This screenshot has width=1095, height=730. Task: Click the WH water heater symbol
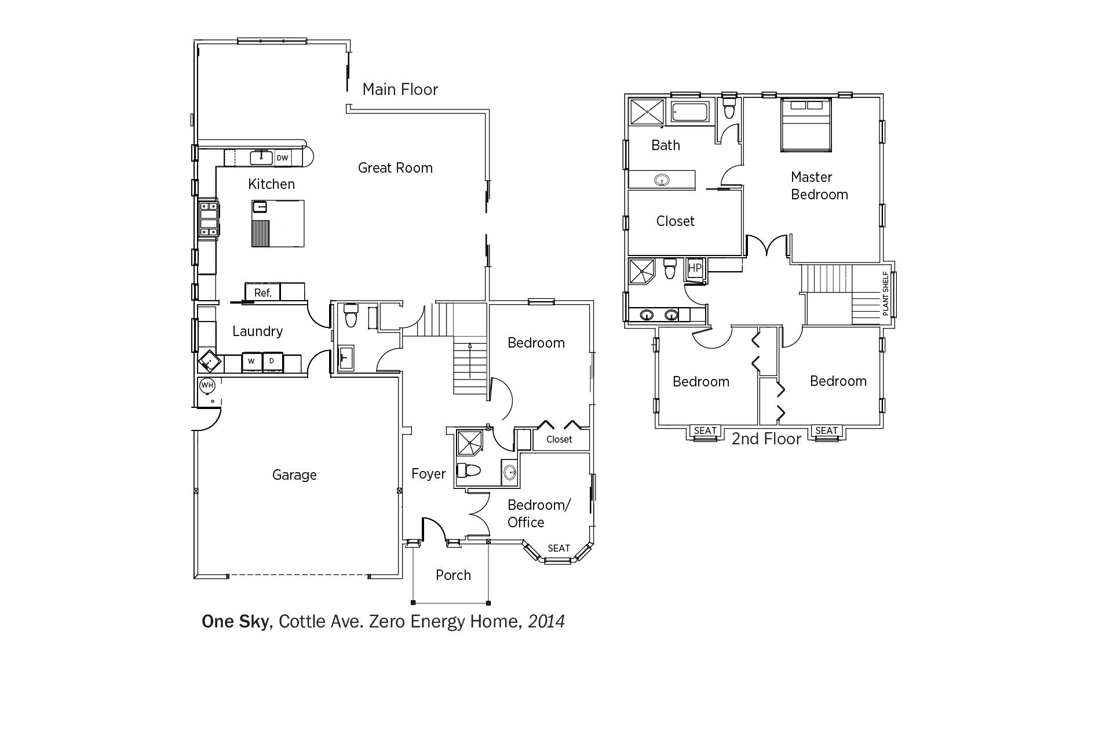[x=207, y=385]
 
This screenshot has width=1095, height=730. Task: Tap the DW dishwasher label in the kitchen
[x=282, y=158]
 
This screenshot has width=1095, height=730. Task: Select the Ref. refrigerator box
[x=263, y=292]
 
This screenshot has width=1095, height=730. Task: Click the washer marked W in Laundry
[x=251, y=362]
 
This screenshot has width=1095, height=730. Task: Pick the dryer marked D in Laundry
[x=272, y=362]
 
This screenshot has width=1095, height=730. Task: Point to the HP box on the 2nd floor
[x=694, y=268]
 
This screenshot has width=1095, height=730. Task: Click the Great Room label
[x=395, y=168]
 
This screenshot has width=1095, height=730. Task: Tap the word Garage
[x=294, y=476]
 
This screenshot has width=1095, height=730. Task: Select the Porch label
[x=453, y=575]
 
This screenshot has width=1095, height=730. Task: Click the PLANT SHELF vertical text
[x=885, y=293]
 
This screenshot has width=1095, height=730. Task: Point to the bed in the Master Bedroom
[x=805, y=125]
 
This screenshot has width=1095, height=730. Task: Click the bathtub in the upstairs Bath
[x=689, y=112]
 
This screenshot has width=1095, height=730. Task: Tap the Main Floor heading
[x=400, y=89]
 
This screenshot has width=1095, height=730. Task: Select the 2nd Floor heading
[x=766, y=439]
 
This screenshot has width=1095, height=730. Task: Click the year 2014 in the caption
[x=546, y=622]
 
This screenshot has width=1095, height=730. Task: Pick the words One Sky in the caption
[x=235, y=622]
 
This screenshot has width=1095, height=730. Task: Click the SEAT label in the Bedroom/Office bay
[x=559, y=548]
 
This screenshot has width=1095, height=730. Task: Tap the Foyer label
[x=429, y=474]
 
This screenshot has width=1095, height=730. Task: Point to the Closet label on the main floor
[x=559, y=440]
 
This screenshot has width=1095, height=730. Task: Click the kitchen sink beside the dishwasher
[x=261, y=157]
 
